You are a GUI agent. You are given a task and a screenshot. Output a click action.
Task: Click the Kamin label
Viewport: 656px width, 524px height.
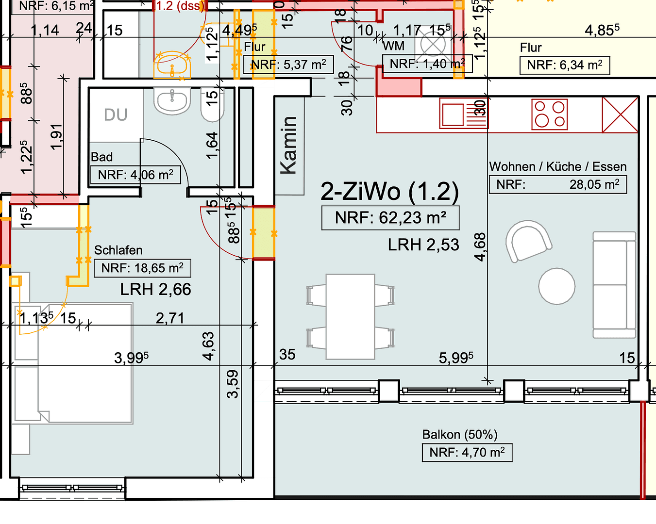pyautogui.click(x=289, y=146)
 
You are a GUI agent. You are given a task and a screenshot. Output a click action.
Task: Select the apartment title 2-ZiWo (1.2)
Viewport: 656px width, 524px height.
pyautogui.click(x=389, y=191)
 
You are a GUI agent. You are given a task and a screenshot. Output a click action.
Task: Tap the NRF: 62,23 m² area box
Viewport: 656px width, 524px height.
pyautogui.click(x=390, y=218)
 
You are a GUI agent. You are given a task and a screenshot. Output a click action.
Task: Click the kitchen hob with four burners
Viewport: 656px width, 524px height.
pyautogui.click(x=550, y=115)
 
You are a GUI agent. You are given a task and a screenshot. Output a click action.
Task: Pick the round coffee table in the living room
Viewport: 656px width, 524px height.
pyautogui.click(x=557, y=286)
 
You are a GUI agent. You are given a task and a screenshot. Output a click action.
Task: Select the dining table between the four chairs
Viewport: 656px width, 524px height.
pyautogui.click(x=350, y=316)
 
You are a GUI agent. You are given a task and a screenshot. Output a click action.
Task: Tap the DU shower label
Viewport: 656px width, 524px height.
pyautogui.click(x=116, y=115)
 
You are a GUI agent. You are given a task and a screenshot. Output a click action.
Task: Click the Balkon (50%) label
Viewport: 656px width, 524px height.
pyautogui.click(x=459, y=434)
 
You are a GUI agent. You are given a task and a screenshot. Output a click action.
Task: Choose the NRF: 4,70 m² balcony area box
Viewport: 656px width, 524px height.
pyautogui.click(x=467, y=453)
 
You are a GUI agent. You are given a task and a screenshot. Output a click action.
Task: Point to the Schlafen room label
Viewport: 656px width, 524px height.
pyautogui.click(x=118, y=250)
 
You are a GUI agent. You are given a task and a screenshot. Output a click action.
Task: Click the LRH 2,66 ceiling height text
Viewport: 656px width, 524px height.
pyautogui.click(x=155, y=289)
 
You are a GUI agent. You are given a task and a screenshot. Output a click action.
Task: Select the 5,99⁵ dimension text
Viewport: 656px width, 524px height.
pyautogui.click(x=455, y=358)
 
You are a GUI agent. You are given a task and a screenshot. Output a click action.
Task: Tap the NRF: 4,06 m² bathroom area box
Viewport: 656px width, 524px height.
pyautogui.click(x=135, y=175)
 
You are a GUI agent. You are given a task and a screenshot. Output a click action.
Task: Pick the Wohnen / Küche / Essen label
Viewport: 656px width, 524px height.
pyautogui.click(x=557, y=166)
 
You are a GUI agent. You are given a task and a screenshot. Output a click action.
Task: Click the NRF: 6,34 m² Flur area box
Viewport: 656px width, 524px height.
pyautogui.click(x=564, y=65)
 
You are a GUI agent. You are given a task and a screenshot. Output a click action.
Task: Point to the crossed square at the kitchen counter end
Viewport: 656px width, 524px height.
pyautogui.click(x=620, y=115)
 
